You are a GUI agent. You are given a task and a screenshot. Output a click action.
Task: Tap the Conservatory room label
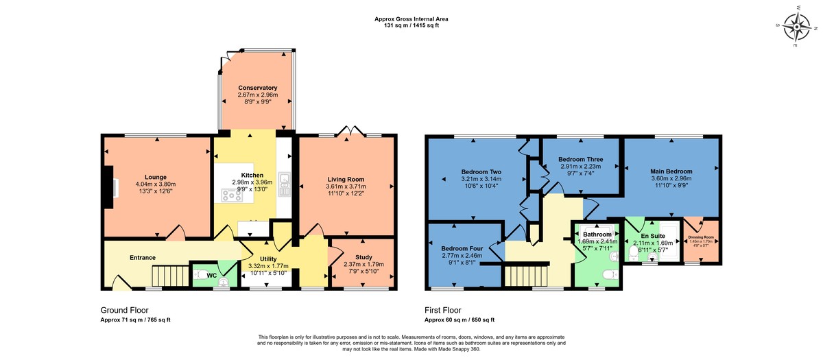257,88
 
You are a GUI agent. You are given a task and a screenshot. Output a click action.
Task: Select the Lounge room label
155,176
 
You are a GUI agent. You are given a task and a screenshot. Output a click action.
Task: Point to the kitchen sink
285,183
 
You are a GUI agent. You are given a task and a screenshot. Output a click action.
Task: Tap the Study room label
363,256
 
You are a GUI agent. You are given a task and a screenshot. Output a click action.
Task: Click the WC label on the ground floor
211,276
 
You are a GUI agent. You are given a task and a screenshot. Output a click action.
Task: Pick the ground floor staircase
167,276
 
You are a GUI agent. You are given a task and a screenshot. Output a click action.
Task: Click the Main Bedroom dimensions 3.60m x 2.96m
671,178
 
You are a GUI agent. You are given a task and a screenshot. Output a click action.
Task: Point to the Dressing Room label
701,237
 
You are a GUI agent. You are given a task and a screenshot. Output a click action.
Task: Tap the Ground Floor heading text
124,310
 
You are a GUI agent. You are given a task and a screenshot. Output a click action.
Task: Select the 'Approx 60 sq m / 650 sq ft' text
459,320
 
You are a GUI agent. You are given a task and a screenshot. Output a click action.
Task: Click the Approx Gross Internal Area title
411,19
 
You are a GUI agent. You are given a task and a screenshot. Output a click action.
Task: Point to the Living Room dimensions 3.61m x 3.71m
346,187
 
